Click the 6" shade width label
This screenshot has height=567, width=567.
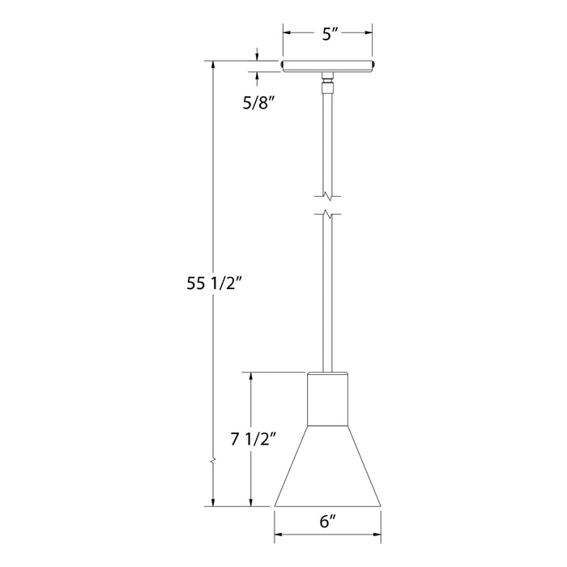pyautogui.click(x=327, y=523)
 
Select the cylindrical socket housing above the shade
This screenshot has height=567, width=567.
pyautogui.click(x=327, y=399)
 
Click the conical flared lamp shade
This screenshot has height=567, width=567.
pyautogui.click(x=327, y=470)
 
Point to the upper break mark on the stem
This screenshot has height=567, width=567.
pyautogui.click(x=327, y=194)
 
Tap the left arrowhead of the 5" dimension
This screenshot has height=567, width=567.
pyautogui.click(x=286, y=33)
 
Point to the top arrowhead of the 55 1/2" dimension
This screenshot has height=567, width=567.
pyautogui.click(x=213, y=64)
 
